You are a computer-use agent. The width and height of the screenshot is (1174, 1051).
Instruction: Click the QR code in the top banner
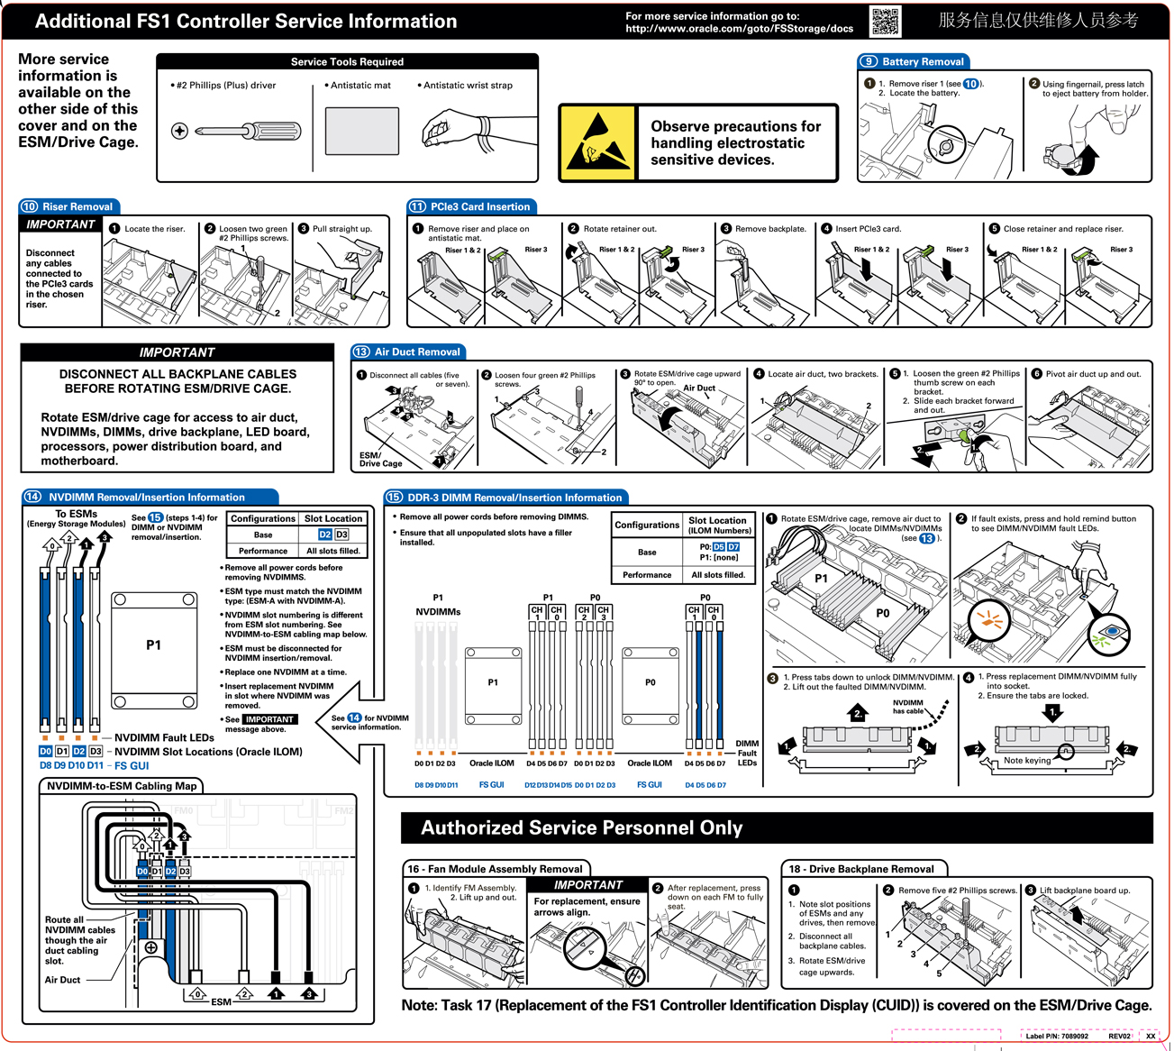885,21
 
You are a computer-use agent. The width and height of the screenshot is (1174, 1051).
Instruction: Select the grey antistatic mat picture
361,132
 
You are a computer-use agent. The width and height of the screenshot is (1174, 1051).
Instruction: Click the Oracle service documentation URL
739,28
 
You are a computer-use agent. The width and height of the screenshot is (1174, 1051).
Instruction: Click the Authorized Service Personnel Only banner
582,827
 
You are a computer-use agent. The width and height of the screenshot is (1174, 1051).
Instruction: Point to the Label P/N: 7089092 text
1057,1036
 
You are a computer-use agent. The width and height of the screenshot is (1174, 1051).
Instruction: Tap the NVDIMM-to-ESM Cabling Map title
122,786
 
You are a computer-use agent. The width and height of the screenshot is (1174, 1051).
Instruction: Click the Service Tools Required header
347,61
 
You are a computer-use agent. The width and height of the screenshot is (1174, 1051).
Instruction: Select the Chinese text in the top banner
1038,20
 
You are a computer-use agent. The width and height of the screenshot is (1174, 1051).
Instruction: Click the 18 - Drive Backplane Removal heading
861,869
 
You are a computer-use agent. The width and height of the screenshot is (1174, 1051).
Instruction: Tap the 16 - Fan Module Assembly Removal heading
495,869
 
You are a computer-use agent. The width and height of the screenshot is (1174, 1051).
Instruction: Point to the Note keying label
1027,760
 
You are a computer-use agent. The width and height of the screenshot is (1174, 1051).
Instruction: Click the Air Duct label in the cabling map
63,980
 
